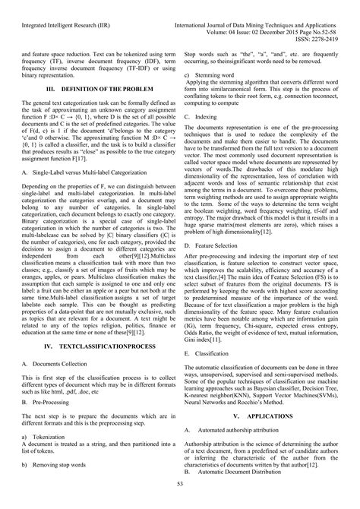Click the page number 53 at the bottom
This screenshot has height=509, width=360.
(180, 485)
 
